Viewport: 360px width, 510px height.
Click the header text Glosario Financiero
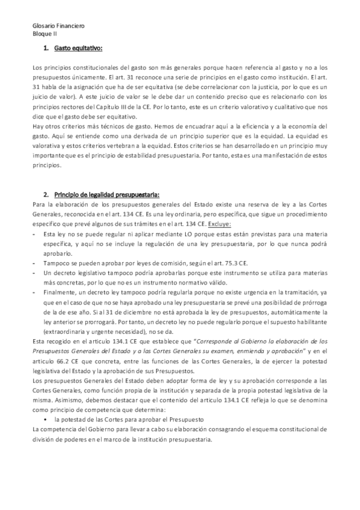tap(58, 26)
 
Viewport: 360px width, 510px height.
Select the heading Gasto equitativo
tap(78, 47)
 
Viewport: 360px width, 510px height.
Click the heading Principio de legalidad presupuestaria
tap(106, 194)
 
